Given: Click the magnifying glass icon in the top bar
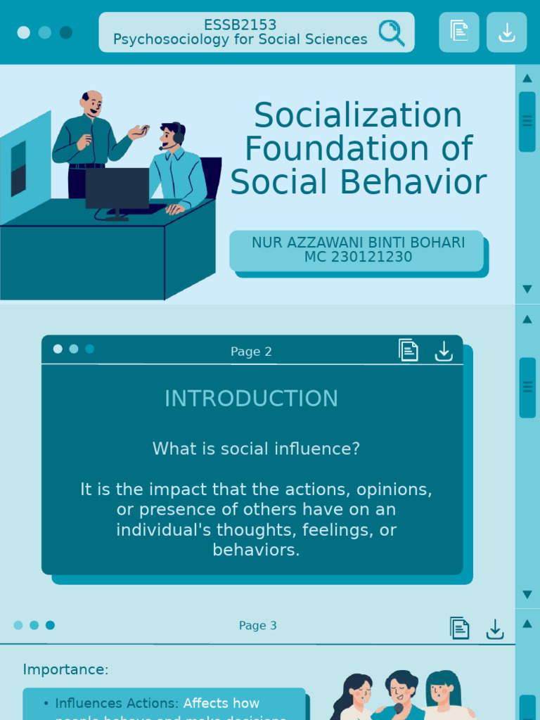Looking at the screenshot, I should tap(391, 32).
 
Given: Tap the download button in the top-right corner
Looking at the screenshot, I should tap(506, 32).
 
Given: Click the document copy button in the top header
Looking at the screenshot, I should tap(459, 32).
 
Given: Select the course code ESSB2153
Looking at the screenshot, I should tap(240, 25).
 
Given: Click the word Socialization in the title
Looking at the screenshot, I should tap(358, 116).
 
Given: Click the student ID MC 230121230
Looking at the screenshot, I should tap(358, 257).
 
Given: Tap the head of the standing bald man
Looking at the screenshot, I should tap(91, 103).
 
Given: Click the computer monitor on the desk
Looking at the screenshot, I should tap(117, 188).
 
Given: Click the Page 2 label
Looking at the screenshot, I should tap(251, 352).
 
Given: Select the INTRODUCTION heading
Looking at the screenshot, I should tap(251, 399).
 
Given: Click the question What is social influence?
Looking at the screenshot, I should tap(256, 449).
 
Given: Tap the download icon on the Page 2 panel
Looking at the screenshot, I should tap(444, 351).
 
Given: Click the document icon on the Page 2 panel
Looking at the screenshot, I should tap(409, 350).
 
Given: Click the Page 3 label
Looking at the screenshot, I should tap(257, 626).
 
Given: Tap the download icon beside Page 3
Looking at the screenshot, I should tap(495, 629).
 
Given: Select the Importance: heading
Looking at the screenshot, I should tap(65, 669).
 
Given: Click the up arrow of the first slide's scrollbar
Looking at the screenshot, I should tap(527, 78).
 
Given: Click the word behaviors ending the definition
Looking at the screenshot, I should tap(256, 550).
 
